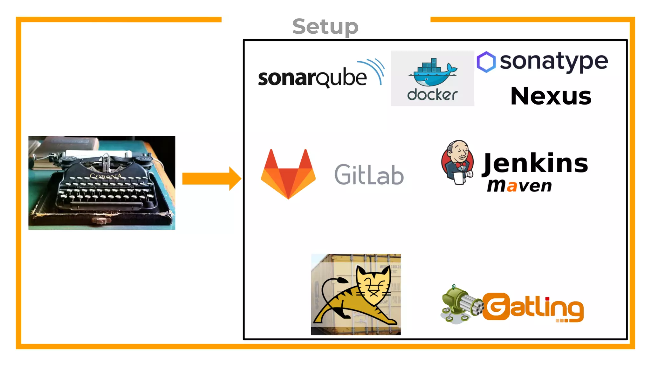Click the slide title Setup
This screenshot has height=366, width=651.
pyautogui.click(x=325, y=27)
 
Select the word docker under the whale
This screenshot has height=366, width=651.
pyautogui.click(x=432, y=95)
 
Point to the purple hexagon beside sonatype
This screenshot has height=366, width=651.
pyautogui.click(x=486, y=62)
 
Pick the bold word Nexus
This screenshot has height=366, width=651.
pyautogui.click(x=551, y=96)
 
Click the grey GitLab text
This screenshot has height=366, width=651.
pyautogui.click(x=369, y=175)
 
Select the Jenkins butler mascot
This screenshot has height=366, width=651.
pyautogui.click(x=458, y=162)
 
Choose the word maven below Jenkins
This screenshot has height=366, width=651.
pyautogui.click(x=519, y=186)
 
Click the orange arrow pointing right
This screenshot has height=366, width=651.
pyautogui.click(x=211, y=179)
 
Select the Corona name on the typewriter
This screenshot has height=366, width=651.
pyautogui.click(x=106, y=176)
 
